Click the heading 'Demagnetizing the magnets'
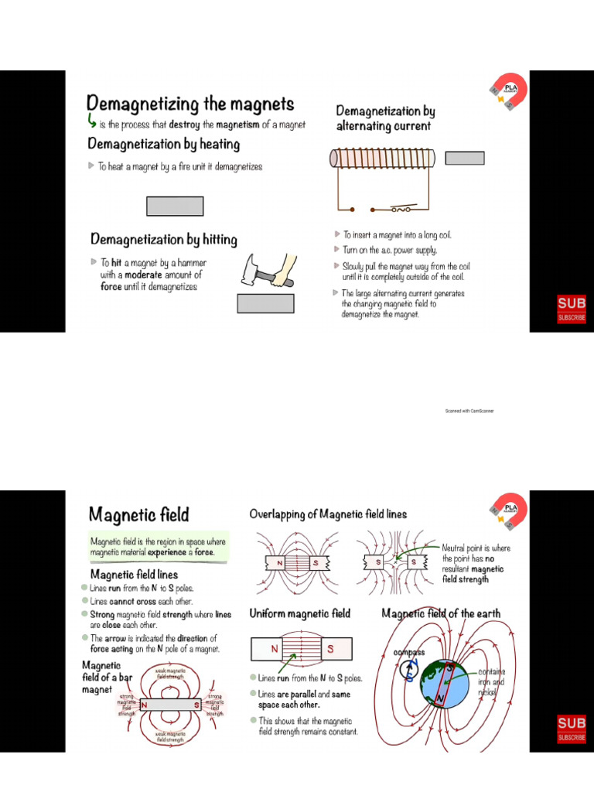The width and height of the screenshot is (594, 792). pyautogui.click(x=190, y=104)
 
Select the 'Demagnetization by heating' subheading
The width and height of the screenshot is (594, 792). pyautogui.click(x=163, y=144)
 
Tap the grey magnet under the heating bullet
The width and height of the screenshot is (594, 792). pyautogui.click(x=175, y=206)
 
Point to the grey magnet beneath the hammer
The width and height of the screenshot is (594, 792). pyautogui.click(x=265, y=303)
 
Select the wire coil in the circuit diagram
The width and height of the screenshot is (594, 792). pyautogui.click(x=383, y=159)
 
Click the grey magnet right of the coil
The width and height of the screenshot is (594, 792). pyautogui.click(x=465, y=158)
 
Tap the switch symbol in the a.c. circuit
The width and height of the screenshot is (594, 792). pyautogui.click(x=400, y=208)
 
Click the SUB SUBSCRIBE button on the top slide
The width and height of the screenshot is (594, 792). pyautogui.click(x=572, y=309)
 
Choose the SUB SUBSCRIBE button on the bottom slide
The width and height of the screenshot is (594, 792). pyautogui.click(x=572, y=729)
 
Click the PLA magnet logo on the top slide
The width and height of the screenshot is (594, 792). pyautogui.click(x=507, y=92)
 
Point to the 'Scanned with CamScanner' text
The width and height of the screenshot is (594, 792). pyautogui.click(x=469, y=411)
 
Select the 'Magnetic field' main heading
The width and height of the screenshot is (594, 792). pyautogui.click(x=138, y=514)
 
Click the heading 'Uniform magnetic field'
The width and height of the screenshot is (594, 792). pyautogui.click(x=299, y=613)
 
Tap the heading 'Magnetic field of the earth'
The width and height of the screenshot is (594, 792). pyautogui.click(x=441, y=613)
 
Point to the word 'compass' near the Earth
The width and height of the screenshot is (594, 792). pyautogui.click(x=409, y=653)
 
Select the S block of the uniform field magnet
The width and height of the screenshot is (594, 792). pyautogui.click(x=331, y=649)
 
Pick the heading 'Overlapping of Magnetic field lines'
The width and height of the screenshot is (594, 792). pyautogui.click(x=328, y=514)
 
